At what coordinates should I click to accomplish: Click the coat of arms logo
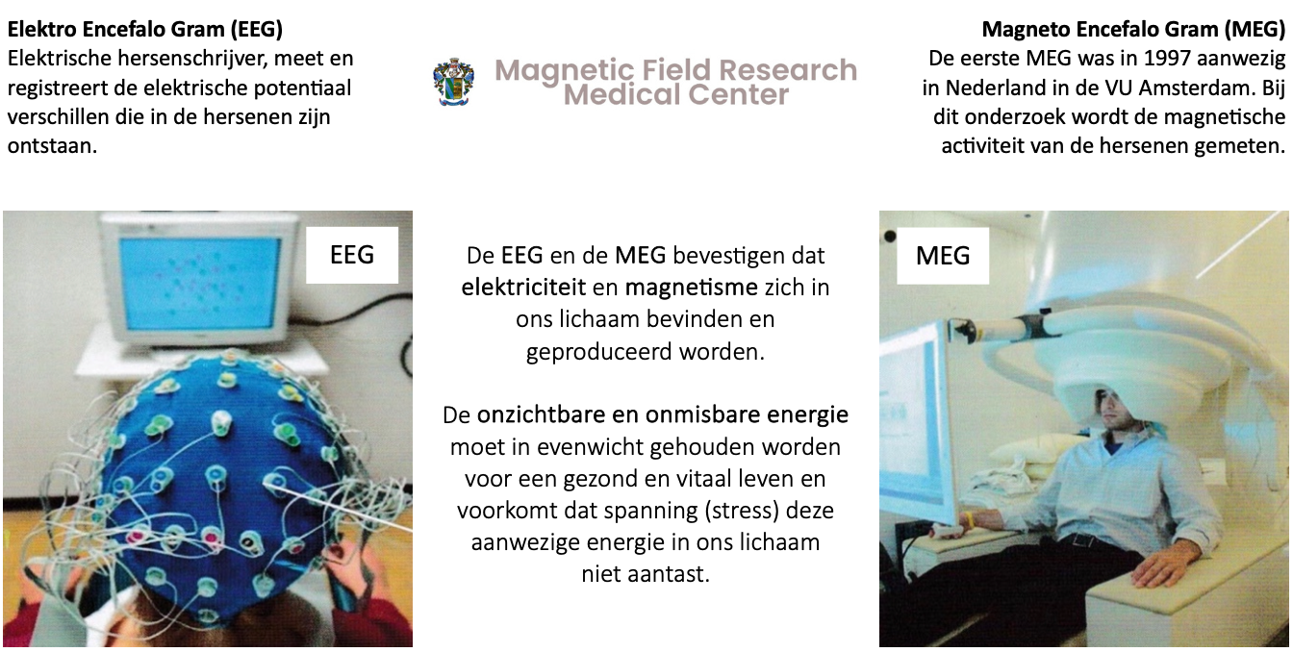454,82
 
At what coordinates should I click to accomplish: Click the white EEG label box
352,255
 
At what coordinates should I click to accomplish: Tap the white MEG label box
943,256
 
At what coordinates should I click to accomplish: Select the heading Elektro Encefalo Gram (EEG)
145,29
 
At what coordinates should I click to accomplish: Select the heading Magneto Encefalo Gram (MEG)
1133,29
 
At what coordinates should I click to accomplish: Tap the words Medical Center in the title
676,94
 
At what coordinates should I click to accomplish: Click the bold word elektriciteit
523,288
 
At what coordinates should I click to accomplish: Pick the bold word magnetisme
691,288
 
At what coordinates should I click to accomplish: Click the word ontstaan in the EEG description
52,146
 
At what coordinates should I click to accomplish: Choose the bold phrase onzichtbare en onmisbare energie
663,414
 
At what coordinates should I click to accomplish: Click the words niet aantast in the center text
646,574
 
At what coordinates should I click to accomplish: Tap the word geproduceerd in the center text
598,352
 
